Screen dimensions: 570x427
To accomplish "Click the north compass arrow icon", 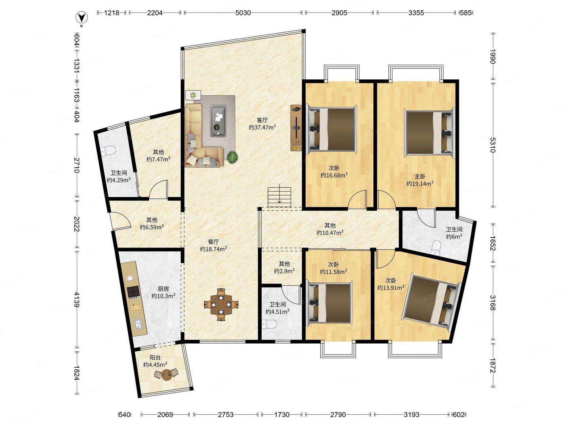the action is tap(81, 18).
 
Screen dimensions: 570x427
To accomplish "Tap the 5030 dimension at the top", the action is tap(243, 13).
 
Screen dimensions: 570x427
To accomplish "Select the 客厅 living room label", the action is tap(262, 120).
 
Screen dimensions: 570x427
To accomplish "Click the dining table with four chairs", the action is tap(221, 304).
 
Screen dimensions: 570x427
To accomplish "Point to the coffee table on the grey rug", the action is tap(218, 121).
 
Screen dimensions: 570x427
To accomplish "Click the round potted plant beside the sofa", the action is tap(232, 157).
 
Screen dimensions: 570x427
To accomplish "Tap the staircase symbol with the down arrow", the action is tap(279, 195).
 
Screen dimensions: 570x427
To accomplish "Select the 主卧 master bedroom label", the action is tap(420, 177).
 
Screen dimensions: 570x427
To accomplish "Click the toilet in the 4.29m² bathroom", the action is tap(108, 151).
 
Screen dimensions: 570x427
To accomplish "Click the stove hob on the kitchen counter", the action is tap(133, 293).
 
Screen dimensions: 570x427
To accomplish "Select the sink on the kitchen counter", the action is tap(138, 324).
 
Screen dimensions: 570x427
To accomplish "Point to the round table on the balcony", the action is tap(166, 375).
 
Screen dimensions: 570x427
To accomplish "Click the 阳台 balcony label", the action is tap(155, 357).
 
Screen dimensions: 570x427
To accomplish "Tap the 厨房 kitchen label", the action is tap(163, 289).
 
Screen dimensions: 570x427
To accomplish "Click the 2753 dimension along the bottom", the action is tap(225, 415).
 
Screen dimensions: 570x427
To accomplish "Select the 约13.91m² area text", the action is tap(391, 287).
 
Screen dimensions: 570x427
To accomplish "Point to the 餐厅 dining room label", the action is tap(213, 242).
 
